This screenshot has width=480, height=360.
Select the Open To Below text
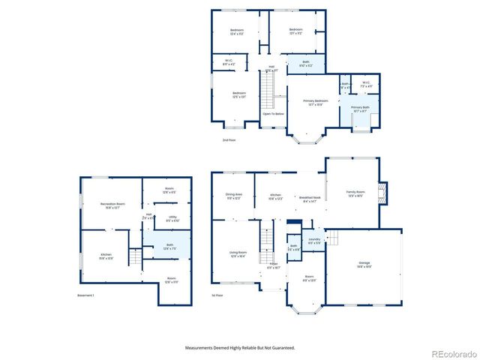pos(273,114)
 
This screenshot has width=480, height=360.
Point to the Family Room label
pos(355,193)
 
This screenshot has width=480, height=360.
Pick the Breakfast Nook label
pos(310,198)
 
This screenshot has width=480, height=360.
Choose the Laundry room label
pos(315,241)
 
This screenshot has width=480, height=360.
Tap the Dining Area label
pos(233,196)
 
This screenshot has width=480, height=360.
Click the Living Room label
pos(237,253)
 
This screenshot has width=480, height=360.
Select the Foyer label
pos(274,265)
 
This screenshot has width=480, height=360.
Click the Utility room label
pos(172,219)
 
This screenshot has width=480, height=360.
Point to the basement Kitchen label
pos(106,256)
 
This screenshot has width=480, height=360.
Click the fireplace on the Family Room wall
pos(384,193)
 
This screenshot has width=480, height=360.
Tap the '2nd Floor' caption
pos(229,141)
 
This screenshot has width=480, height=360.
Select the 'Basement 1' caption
pos(85,295)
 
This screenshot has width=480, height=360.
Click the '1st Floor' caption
pos(217,295)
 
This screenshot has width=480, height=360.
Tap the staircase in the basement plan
pos(134,258)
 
